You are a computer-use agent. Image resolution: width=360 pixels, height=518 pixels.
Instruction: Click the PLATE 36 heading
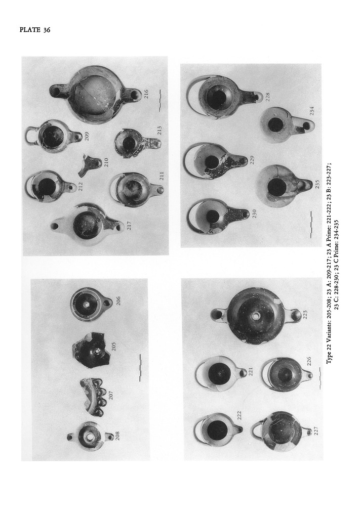pyautogui.click(x=35, y=30)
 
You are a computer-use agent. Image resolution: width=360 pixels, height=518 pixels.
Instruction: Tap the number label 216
pyautogui.click(x=146, y=94)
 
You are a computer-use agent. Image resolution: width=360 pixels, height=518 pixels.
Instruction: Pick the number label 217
pyautogui.click(x=129, y=225)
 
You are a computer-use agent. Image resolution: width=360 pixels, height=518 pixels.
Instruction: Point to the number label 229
pyautogui.click(x=252, y=160)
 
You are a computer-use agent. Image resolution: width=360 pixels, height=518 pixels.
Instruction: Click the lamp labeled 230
pyautogui.click(x=217, y=217)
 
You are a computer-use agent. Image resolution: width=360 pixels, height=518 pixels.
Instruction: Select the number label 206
pyautogui.click(x=118, y=301)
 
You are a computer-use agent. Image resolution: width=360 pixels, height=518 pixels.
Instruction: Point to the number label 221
pyautogui.click(x=250, y=372)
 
